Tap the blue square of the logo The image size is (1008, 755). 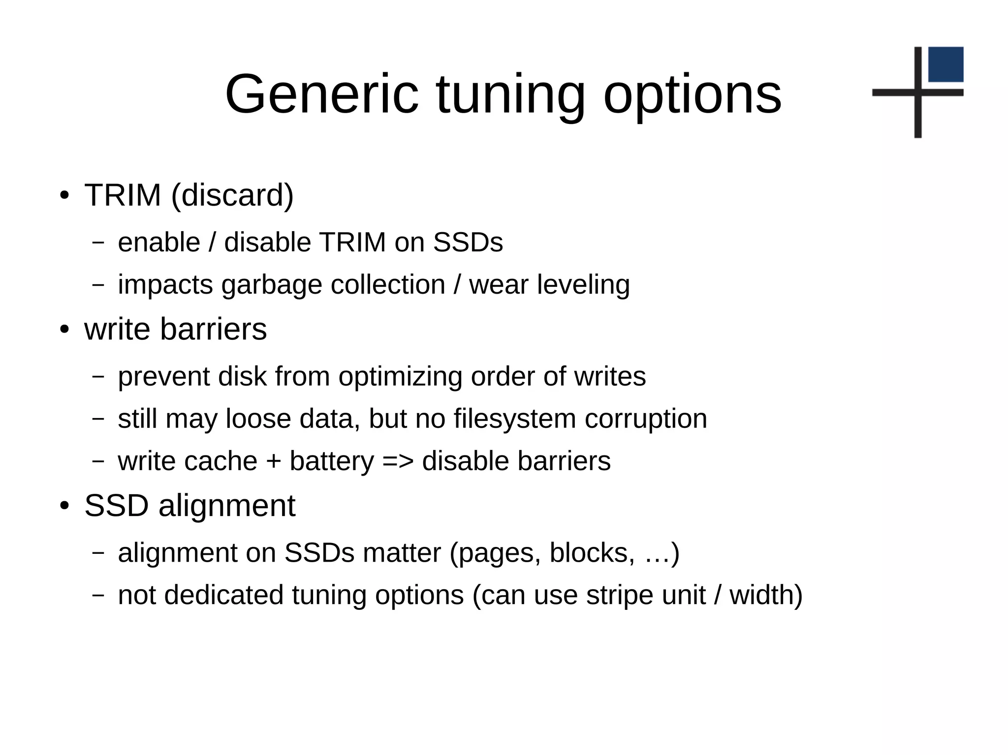point(945,64)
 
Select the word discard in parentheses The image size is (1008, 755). point(232,195)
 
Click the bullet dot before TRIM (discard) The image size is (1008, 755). point(64,195)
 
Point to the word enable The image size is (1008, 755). point(159,242)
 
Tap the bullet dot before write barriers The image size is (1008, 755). point(64,329)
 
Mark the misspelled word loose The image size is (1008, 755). point(258,419)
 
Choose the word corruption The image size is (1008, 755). point(646,419)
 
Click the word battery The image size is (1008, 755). point(332,461)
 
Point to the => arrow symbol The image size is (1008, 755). point(398,461)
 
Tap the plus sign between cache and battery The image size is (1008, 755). point(274,461)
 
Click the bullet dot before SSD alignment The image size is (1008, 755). point(64,506)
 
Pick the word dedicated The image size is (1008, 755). point(224,595)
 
